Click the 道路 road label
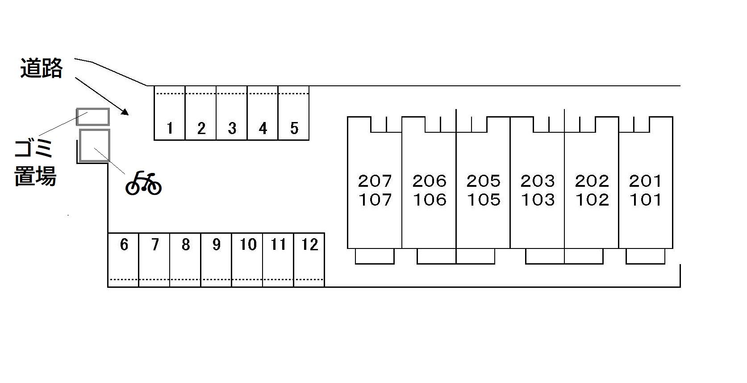[x=42, y=68]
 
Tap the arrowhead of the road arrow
[x=125, y=112]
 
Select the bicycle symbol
[x=143, y=183]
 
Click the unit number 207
[x=375, y=181]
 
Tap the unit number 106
[x=430, y=200]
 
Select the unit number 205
[x=484, y=181]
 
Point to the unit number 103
[x=538, y=200]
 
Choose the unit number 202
[x=592, y=181]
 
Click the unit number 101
[x=646, y=200]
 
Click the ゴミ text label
[x=33, y=148]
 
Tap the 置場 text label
[x=35, y=176]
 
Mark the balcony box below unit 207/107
[x=375, y=256]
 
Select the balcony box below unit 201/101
[x=645, y=256]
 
